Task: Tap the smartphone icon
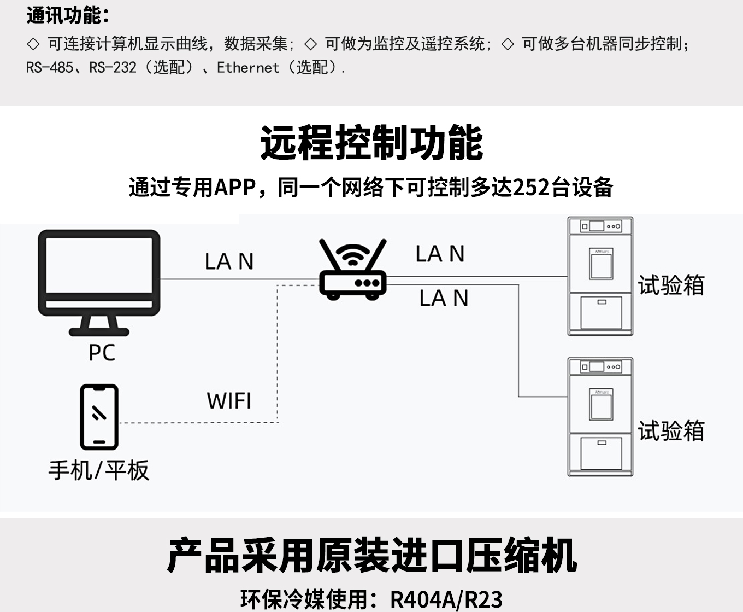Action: pos(99,417)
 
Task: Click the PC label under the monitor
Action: pos(102,353)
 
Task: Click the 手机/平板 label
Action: pos(99,470)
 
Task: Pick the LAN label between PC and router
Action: pos(229,261)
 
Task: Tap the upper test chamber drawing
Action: pos(600,276)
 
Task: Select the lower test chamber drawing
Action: pos(600,417)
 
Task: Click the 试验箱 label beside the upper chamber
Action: pos(671,285)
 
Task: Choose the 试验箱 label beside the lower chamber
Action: pos(671,431)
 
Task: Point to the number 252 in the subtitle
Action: pos(531,188)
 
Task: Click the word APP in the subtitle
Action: pos(235,188)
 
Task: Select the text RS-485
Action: pos(49,68)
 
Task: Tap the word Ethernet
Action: pos(247,68)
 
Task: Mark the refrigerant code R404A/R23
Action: pos(446,599)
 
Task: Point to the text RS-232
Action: pos(113,68)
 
